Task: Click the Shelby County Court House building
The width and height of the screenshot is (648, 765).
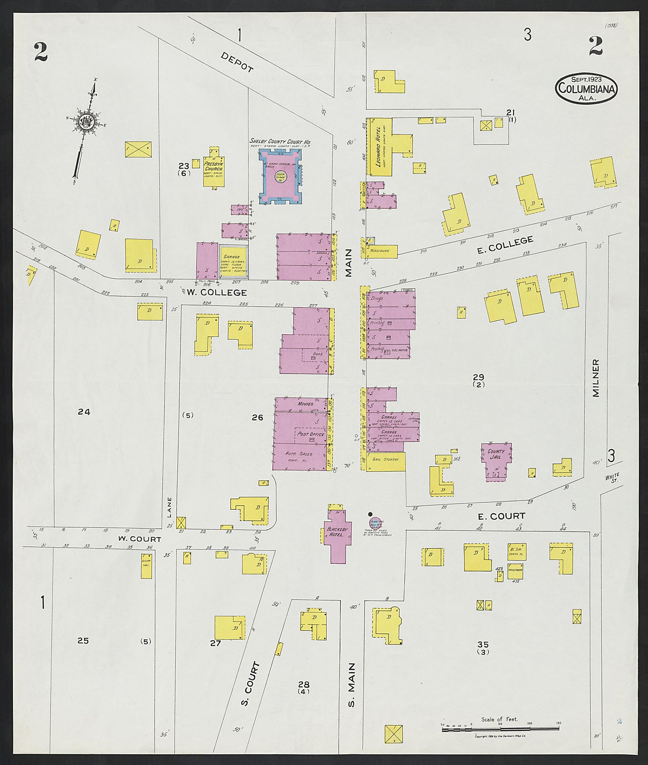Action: [280, 177]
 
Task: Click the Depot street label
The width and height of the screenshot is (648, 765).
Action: [237, 62]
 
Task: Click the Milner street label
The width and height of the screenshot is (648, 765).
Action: [596, 378]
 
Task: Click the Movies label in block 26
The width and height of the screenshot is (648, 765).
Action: [305, 404]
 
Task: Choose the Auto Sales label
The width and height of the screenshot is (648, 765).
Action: [299, 454]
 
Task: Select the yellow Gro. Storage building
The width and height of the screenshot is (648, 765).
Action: [386, 462]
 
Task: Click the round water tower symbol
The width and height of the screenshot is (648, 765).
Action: [375, 523]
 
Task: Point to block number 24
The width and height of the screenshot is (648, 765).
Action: [84, 412]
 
